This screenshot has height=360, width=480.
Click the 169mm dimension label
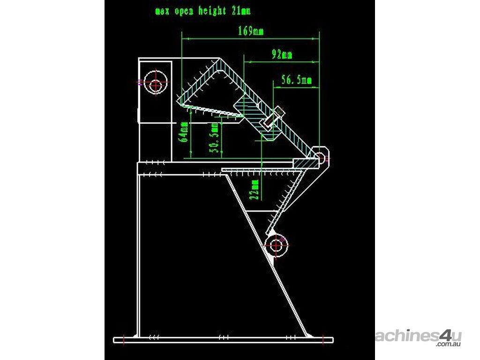[x=251, y=32]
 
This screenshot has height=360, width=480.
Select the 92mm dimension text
[x=282, y=55]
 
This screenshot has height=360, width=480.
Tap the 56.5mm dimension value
[x=296, y=80]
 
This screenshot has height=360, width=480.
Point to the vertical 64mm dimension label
[x=184, y=132]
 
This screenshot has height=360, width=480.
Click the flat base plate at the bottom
[x=224, y=338]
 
